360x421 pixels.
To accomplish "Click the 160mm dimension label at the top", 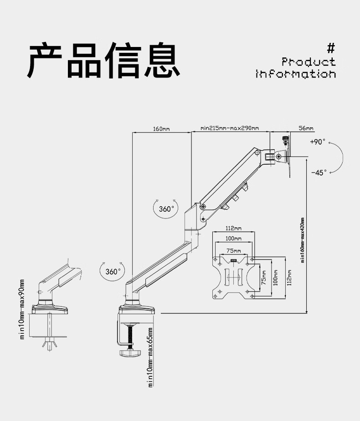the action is pos(161,129).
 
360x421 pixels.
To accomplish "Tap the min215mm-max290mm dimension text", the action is pos(230,128).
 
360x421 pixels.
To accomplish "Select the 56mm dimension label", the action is pos(306,128).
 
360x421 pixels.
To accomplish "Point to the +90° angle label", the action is pos(318,141).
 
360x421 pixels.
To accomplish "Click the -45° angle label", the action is pos(319,172).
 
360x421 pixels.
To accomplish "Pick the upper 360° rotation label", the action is pos(166,209).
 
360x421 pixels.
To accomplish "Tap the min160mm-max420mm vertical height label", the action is pos(303,240).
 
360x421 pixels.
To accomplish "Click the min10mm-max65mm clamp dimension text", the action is pos(150,357).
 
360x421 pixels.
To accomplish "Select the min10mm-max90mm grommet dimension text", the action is pos(22,309).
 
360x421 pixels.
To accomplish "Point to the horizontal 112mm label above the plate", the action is pos(233,228).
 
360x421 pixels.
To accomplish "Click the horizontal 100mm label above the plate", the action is pos(233,239).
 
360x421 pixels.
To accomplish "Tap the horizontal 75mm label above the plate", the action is pos(233,251).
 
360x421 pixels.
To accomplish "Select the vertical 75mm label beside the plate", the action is pos(264,278).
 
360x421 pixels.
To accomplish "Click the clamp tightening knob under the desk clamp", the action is pos(130,353).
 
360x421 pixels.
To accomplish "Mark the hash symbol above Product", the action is pos(331,49).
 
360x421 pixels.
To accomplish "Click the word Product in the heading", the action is pos(309,62).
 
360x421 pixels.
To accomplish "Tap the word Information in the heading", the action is pos(296,74).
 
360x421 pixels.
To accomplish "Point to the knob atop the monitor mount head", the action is pos(285,140).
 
